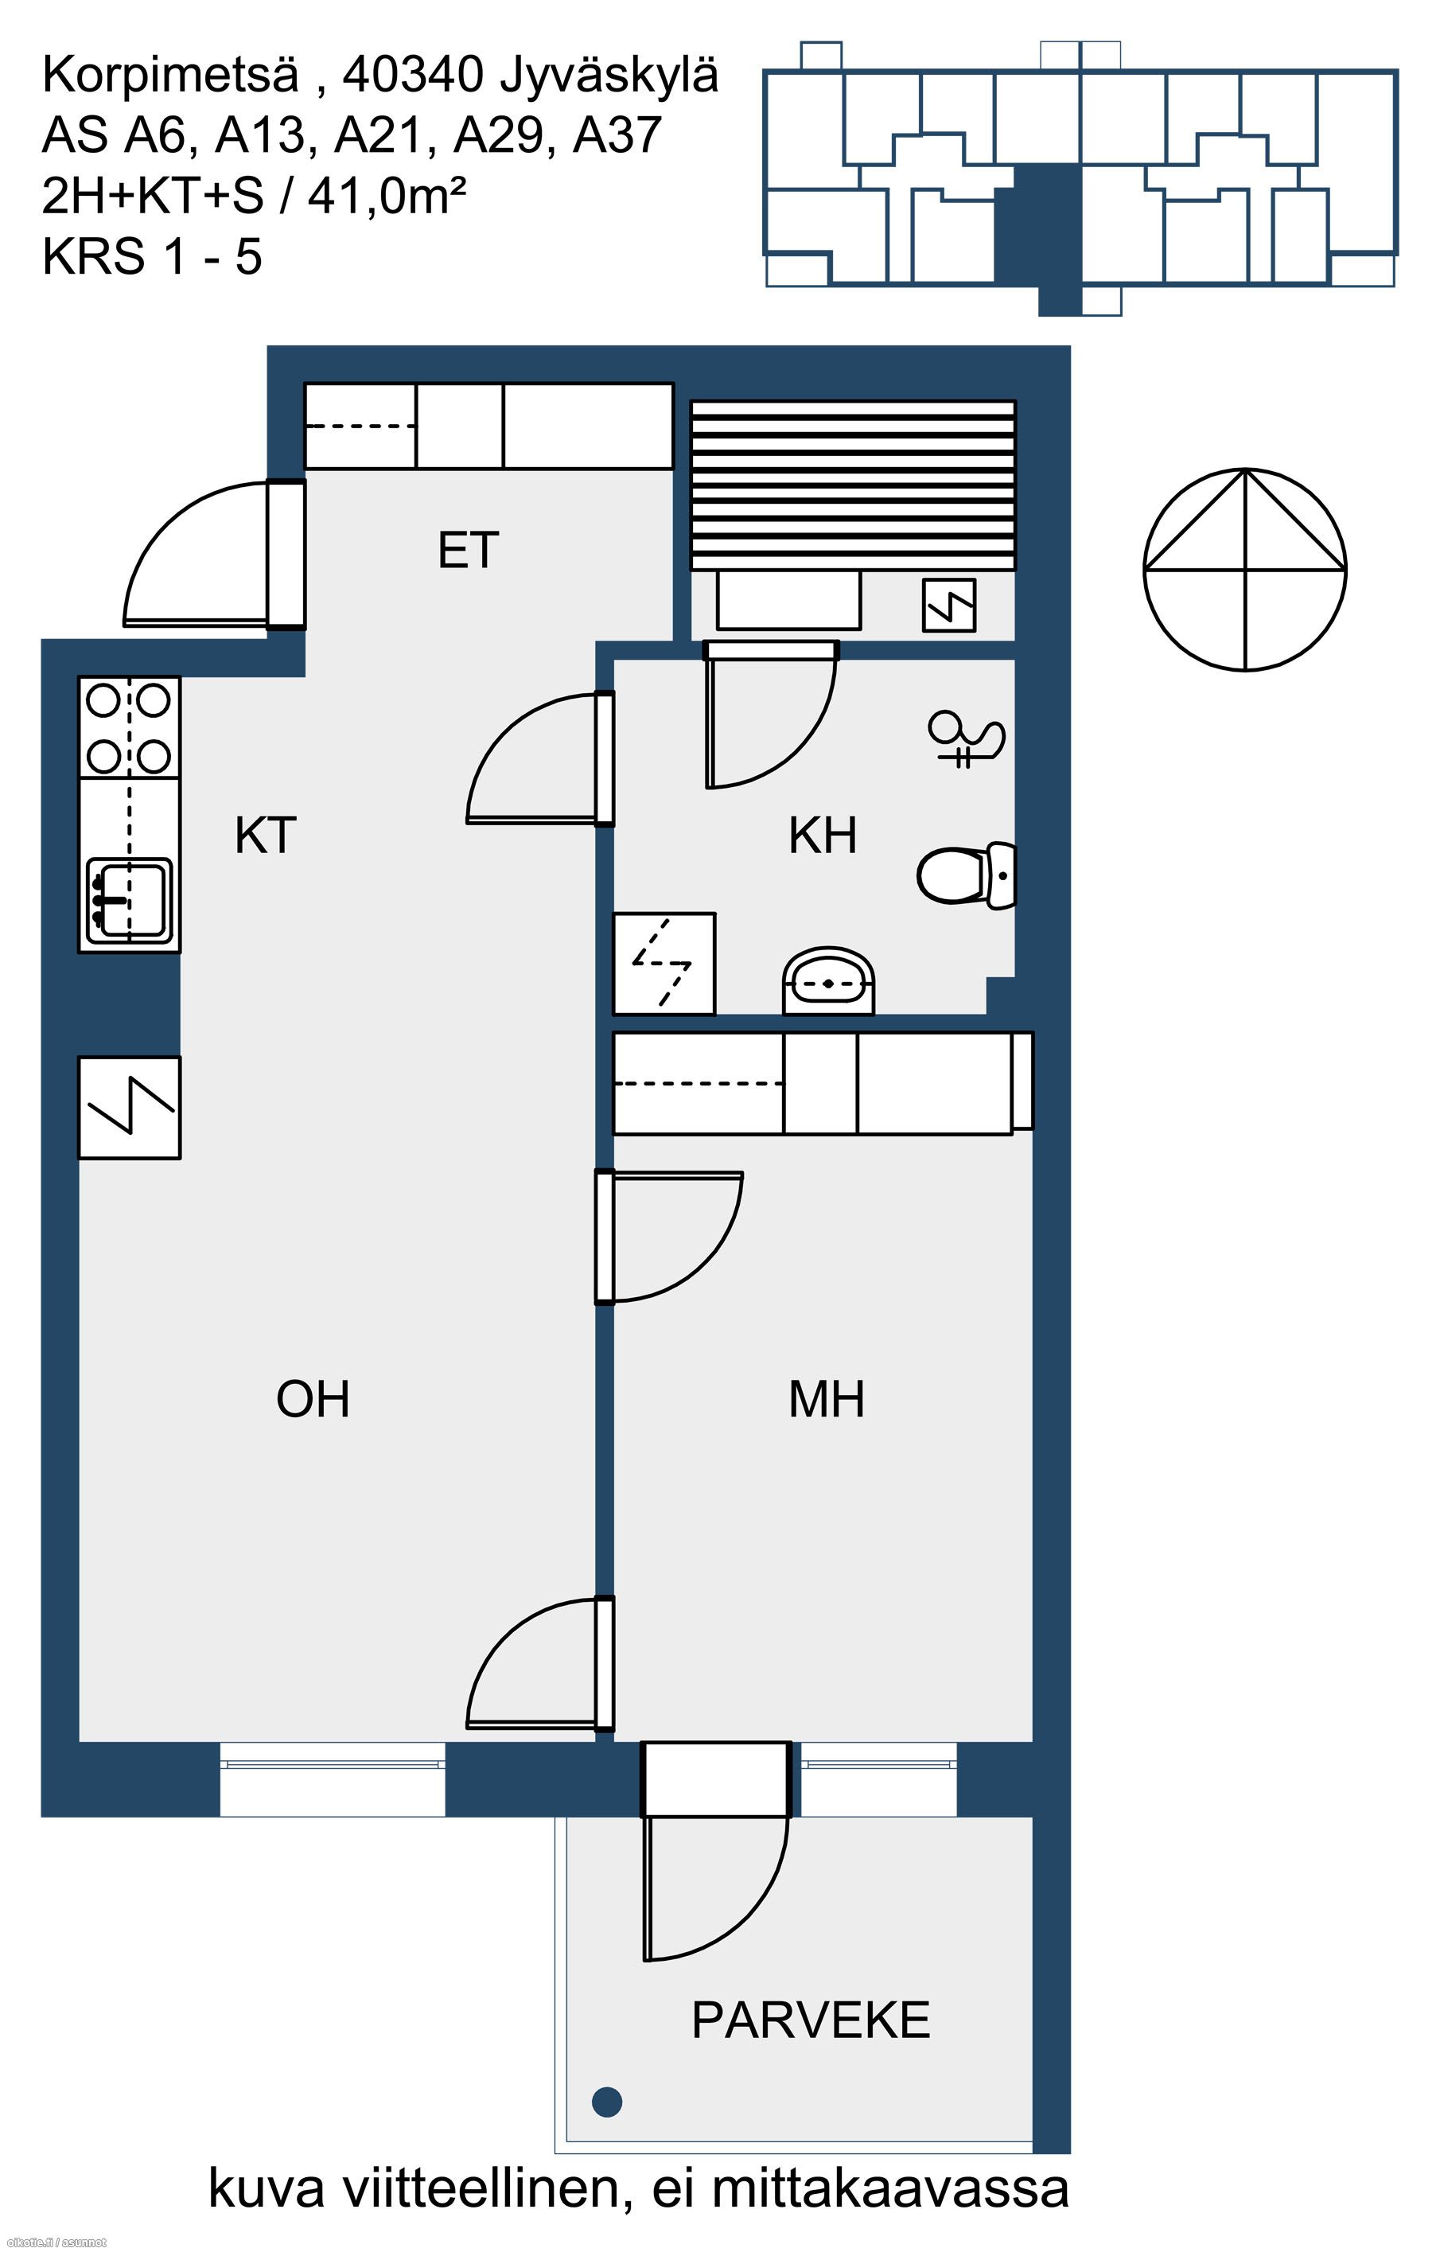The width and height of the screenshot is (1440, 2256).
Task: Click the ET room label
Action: [469, 550]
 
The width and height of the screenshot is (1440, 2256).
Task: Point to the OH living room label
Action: [313, 1399]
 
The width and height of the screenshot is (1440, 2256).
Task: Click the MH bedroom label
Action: [827, 1399]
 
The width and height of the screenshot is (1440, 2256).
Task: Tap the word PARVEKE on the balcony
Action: [811, 2020]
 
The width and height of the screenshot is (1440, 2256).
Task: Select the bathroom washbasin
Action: [829, 981]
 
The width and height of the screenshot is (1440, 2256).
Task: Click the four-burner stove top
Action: [130, 728]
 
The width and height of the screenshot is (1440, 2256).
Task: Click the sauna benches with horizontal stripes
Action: [853, 485]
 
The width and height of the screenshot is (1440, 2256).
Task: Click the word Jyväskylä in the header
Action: [609, 75]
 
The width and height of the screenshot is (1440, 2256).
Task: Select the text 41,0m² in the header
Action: [387, 196]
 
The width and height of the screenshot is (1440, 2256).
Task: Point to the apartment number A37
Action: [617, 135]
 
